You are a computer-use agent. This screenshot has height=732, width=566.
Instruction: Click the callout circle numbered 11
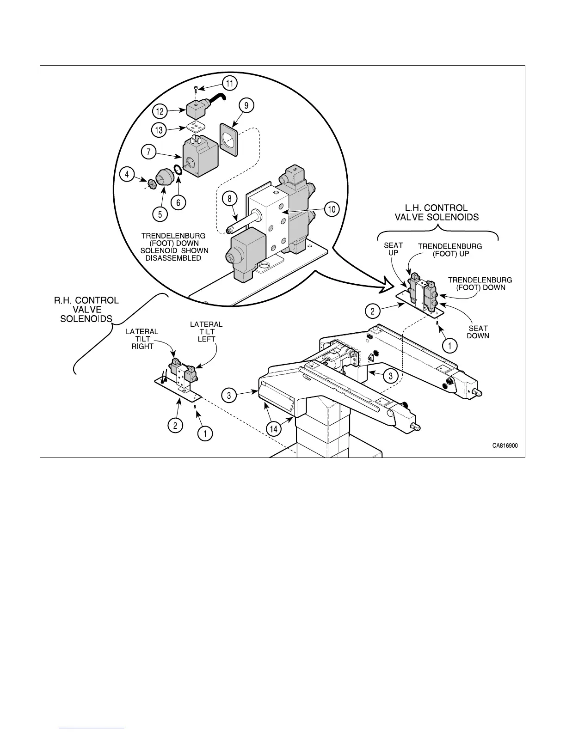click(229, 84)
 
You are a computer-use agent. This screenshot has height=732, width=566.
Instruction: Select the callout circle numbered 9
click(246, 106)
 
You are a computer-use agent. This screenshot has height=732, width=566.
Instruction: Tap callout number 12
click(160, 111)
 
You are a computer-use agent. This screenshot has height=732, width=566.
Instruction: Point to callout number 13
click(160, 130)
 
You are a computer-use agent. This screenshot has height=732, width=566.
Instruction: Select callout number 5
click(160, 214)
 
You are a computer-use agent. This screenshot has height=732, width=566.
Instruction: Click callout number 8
click(229, 198)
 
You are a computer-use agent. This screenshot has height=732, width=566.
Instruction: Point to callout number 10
click(332, 209)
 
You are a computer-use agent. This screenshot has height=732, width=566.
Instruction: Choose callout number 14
click(275, 428)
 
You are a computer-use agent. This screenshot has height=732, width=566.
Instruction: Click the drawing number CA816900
click(504, 446)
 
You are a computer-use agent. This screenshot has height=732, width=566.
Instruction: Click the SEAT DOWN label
click(478, 332)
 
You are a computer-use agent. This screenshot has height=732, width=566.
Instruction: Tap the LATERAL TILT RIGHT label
click(142, 339)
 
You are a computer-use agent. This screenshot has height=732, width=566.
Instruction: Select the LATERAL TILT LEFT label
click(206, 332)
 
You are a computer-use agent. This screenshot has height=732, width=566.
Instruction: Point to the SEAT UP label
click(394, 249)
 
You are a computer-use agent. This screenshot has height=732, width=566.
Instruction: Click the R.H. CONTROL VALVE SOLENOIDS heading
click(86, 310)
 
